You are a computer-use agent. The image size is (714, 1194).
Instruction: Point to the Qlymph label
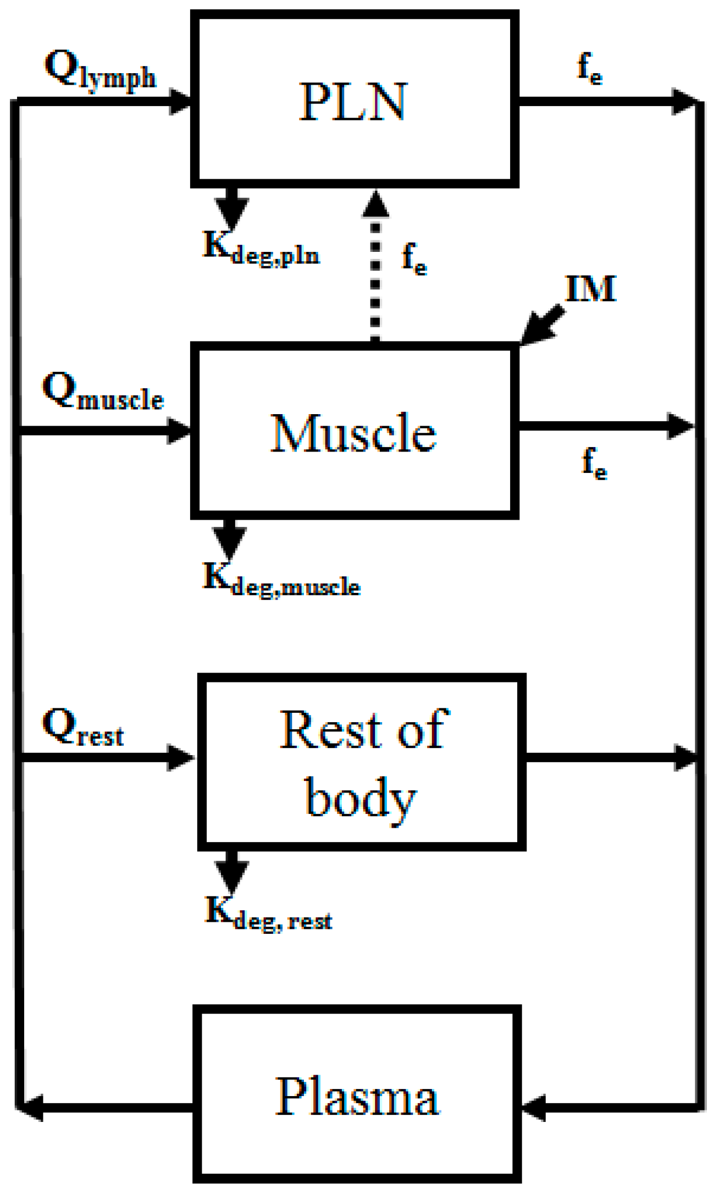tap(100, 70)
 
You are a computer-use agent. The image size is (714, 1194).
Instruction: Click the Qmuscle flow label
tap(103, 392)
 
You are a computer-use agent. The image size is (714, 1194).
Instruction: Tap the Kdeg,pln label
tap(261, 249)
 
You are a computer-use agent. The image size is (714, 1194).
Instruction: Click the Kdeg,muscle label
tap(281, 581)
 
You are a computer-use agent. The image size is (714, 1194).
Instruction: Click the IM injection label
tap(591, 289)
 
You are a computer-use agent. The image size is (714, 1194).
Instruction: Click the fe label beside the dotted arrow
tap(414, 258)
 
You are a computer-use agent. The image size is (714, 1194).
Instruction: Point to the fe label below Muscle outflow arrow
tap(594, 463)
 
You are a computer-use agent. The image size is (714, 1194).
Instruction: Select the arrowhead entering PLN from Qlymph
tap(180, 101)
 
